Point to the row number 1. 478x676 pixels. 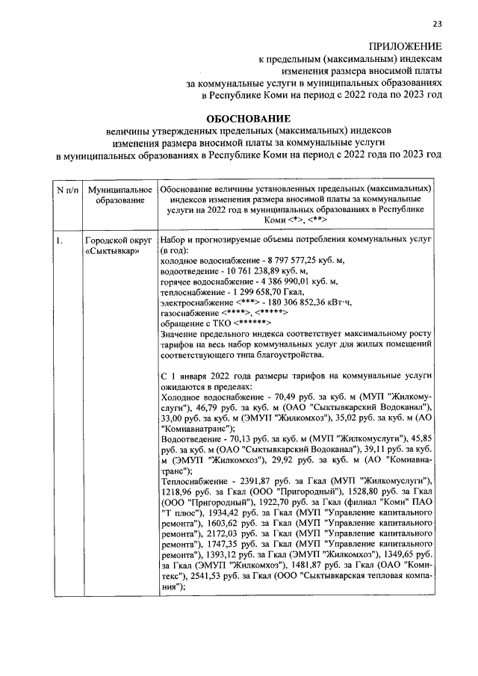(x=58, y=241)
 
